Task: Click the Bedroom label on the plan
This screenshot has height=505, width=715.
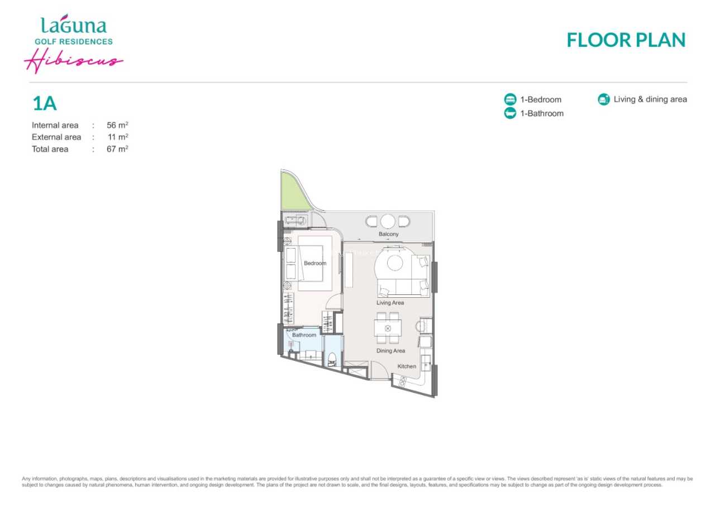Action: point(314,263)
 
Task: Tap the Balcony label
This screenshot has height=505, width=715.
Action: point(388,234)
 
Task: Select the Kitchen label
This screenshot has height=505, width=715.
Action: point(407,366)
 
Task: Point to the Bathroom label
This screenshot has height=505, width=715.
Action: point(304,335)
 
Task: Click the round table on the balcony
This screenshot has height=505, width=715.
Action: point(388,221)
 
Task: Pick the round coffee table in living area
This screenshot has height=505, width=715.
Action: point(395,263)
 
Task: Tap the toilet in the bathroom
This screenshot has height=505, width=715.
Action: point(332,359)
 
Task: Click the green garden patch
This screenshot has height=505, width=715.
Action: point(292,193)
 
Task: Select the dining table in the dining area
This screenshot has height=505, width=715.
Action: point(388,328)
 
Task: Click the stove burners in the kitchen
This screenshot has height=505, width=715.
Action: point(403,381)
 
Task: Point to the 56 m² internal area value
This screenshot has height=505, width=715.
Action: point(117,125)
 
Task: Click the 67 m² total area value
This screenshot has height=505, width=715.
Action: point(117,149)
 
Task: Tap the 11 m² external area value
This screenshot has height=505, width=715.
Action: point(118,137)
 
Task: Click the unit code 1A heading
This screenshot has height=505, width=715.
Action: point(45,103)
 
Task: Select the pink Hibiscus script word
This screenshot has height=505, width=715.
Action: point(74,61)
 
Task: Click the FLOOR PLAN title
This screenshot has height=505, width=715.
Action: point(626,40)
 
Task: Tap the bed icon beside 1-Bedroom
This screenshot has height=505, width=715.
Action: point(510,99)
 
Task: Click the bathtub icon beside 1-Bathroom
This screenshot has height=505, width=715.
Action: point(510,113)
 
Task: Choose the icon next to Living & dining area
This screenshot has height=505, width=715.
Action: point(604,99)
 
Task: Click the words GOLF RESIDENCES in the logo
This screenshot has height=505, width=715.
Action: point(74,41)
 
